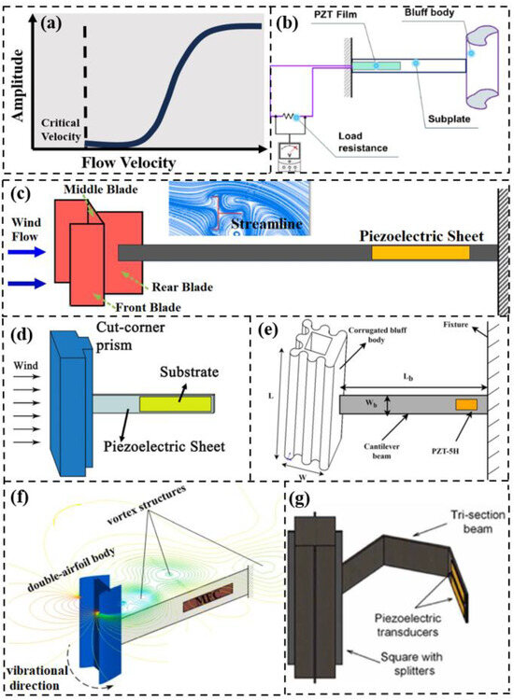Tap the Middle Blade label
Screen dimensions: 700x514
click(x=97, y=189)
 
